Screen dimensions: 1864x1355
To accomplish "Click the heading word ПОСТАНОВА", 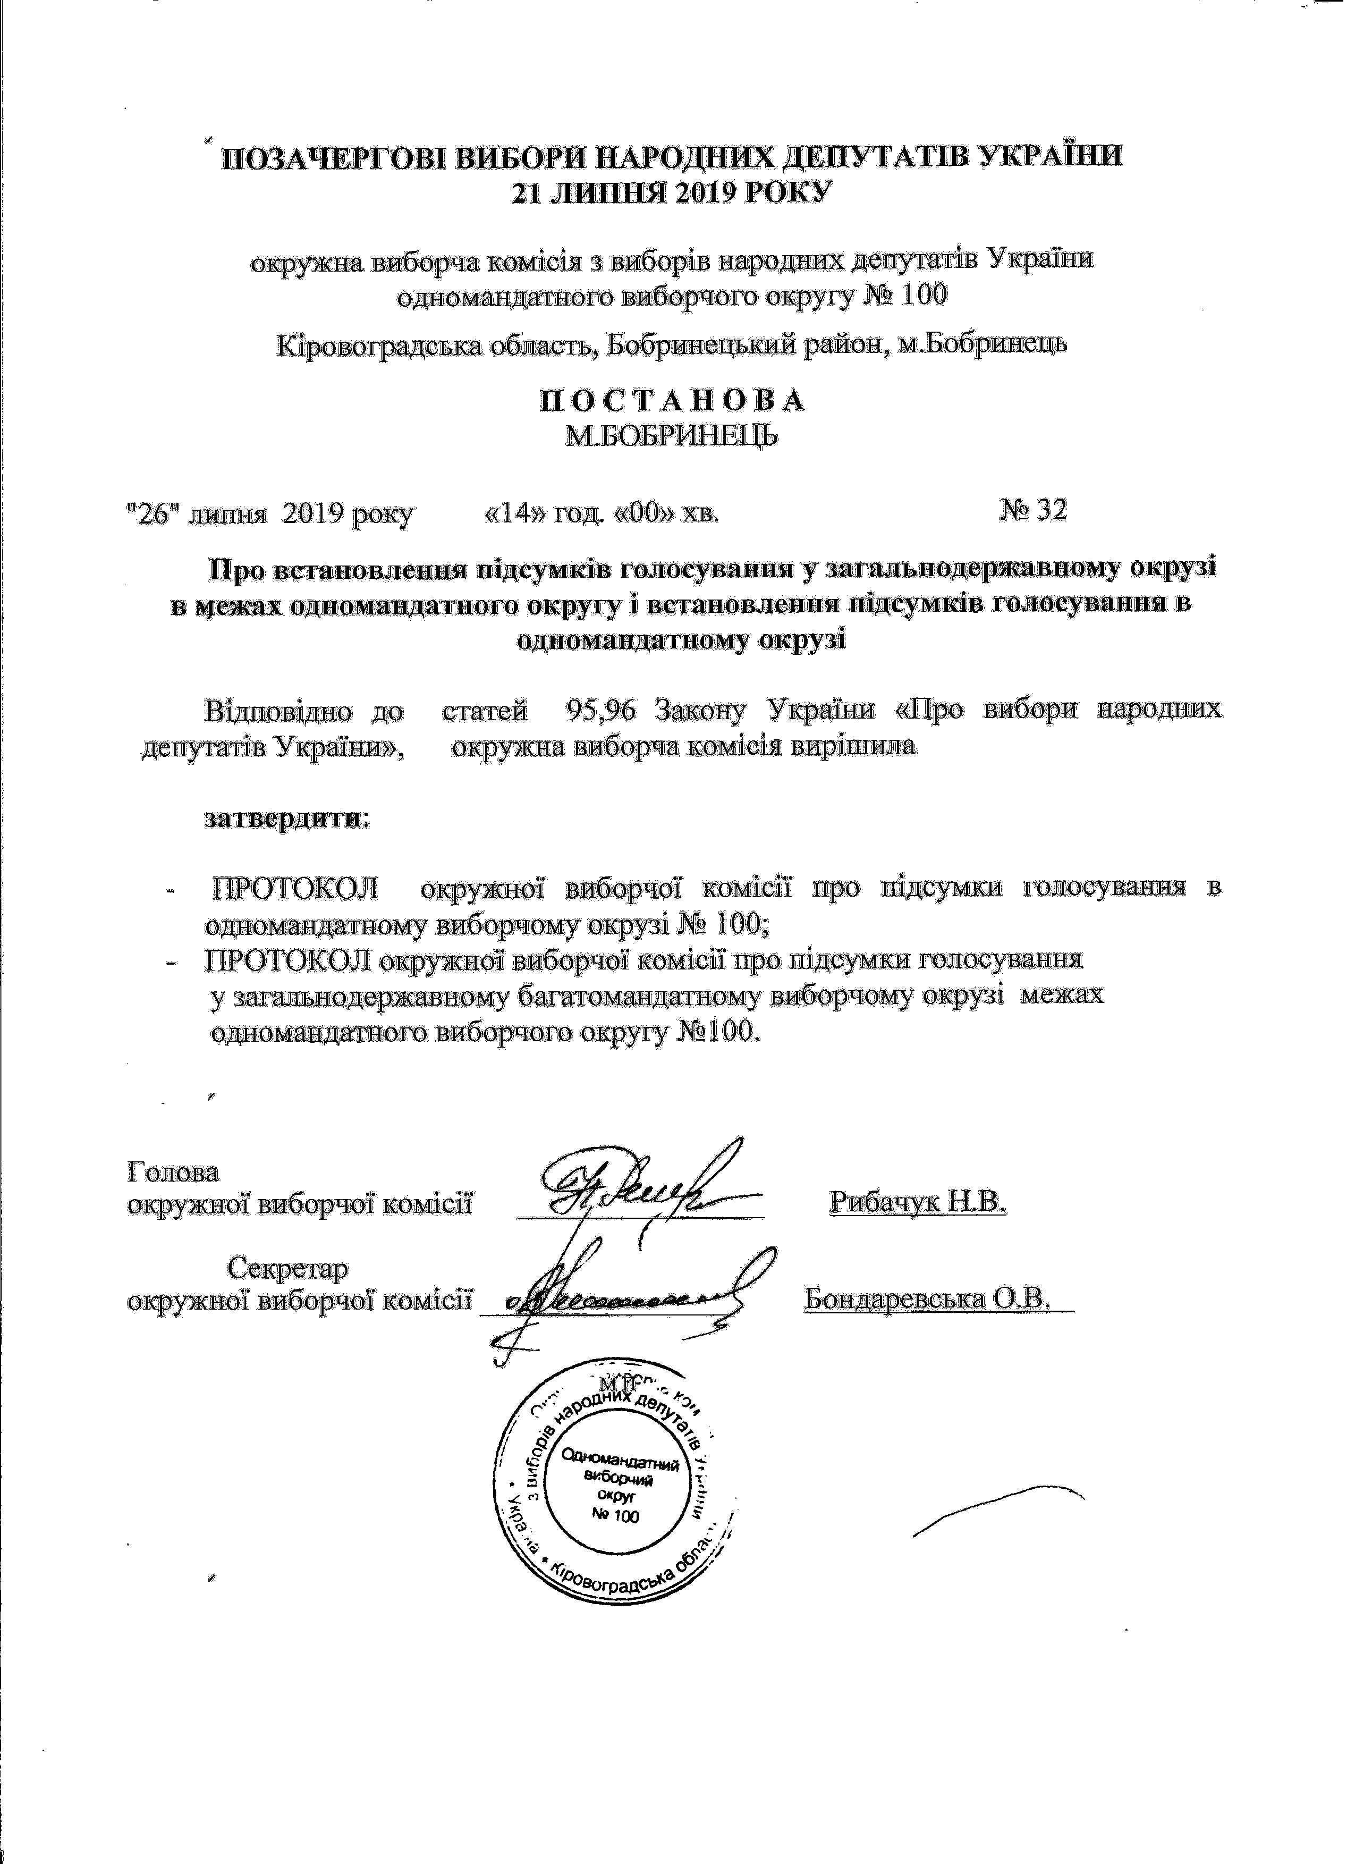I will click(x=671, y=400).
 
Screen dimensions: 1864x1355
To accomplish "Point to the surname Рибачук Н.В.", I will click(x=918, y=1202).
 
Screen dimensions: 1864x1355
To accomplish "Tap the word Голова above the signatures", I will click(x=173, y=1170).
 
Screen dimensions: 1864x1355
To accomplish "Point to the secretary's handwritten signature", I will click(x=624, y=1298).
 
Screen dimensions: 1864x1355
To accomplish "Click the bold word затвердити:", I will click(x=287, y=819).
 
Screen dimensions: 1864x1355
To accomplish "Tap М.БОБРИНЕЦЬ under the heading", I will click(x=671, y=436).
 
